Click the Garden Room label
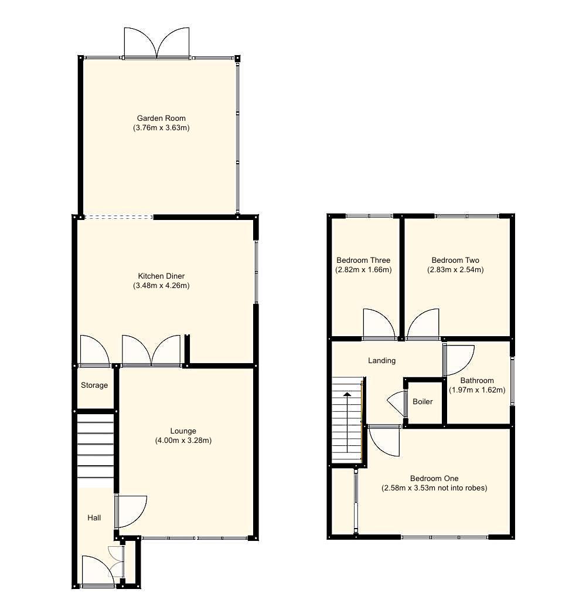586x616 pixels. pyautogui.click(x=161, y=118)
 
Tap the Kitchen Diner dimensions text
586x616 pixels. pyautogui.click(x=161, y=286)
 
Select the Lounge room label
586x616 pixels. pyautogui.click(x=183, y=431)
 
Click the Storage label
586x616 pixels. pyautogui.click(x=94, y=385)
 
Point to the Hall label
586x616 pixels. pyautogui.click(x=94, y=517)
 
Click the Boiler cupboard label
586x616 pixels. pyautogui.click(x=423, y=402)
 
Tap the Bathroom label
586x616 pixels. pyautogui.click(x=476, y=380)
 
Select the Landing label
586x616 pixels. pyautogui.click(x=381, y=360)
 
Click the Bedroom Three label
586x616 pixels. pyautogui.click(x=363, y=260)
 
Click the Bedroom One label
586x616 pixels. pyautogui.click(x=434, y=478)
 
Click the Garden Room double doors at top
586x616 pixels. pyautogui.click(x=157, y=44)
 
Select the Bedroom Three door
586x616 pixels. pyautogui.click(x=379, y=324)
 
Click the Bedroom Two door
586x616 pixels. pyautogui.click(x=423, y=324)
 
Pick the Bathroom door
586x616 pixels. pyautogui.click(x=458, y=359)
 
